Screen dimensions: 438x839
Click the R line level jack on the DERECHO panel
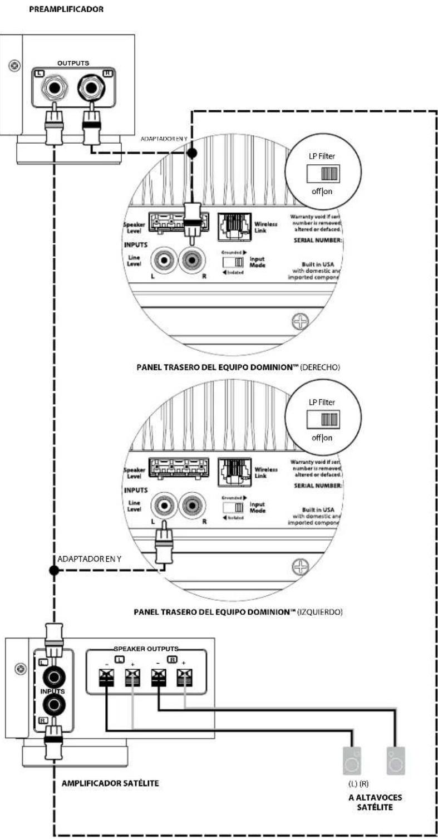(193, 259)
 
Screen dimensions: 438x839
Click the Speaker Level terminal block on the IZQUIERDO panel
(178, 468)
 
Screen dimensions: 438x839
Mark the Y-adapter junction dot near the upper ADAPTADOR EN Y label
(193, 152)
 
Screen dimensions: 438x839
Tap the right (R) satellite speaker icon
(396, 761)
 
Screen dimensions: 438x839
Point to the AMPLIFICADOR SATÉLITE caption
(110, 783)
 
